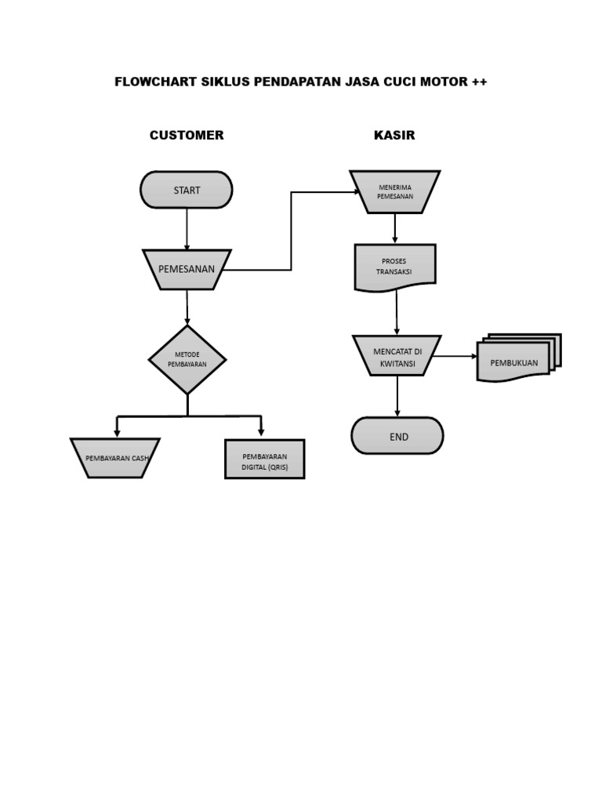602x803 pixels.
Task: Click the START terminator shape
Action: [187, 190]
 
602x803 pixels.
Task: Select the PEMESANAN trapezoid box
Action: [187, 269]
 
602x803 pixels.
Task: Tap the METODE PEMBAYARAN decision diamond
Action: [187, 360]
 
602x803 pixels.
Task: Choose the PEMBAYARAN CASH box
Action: [115, 458]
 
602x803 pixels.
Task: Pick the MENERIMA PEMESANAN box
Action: [395, 192]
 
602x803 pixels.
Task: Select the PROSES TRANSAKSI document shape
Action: [395, 267]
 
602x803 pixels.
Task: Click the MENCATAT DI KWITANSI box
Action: [397, 356]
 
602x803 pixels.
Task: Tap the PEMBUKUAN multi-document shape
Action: [516, 362]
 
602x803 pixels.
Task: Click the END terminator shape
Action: [397, 436]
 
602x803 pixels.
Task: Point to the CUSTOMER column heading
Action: [187, 136]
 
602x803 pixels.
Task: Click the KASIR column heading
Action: [394, 136]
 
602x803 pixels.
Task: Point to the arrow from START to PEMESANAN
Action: [187, 228]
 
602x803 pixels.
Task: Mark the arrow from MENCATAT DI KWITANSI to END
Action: [397, 396]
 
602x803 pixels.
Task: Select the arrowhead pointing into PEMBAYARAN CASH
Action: [117, 432]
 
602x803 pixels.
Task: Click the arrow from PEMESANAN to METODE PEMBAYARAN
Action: [187, 307]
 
